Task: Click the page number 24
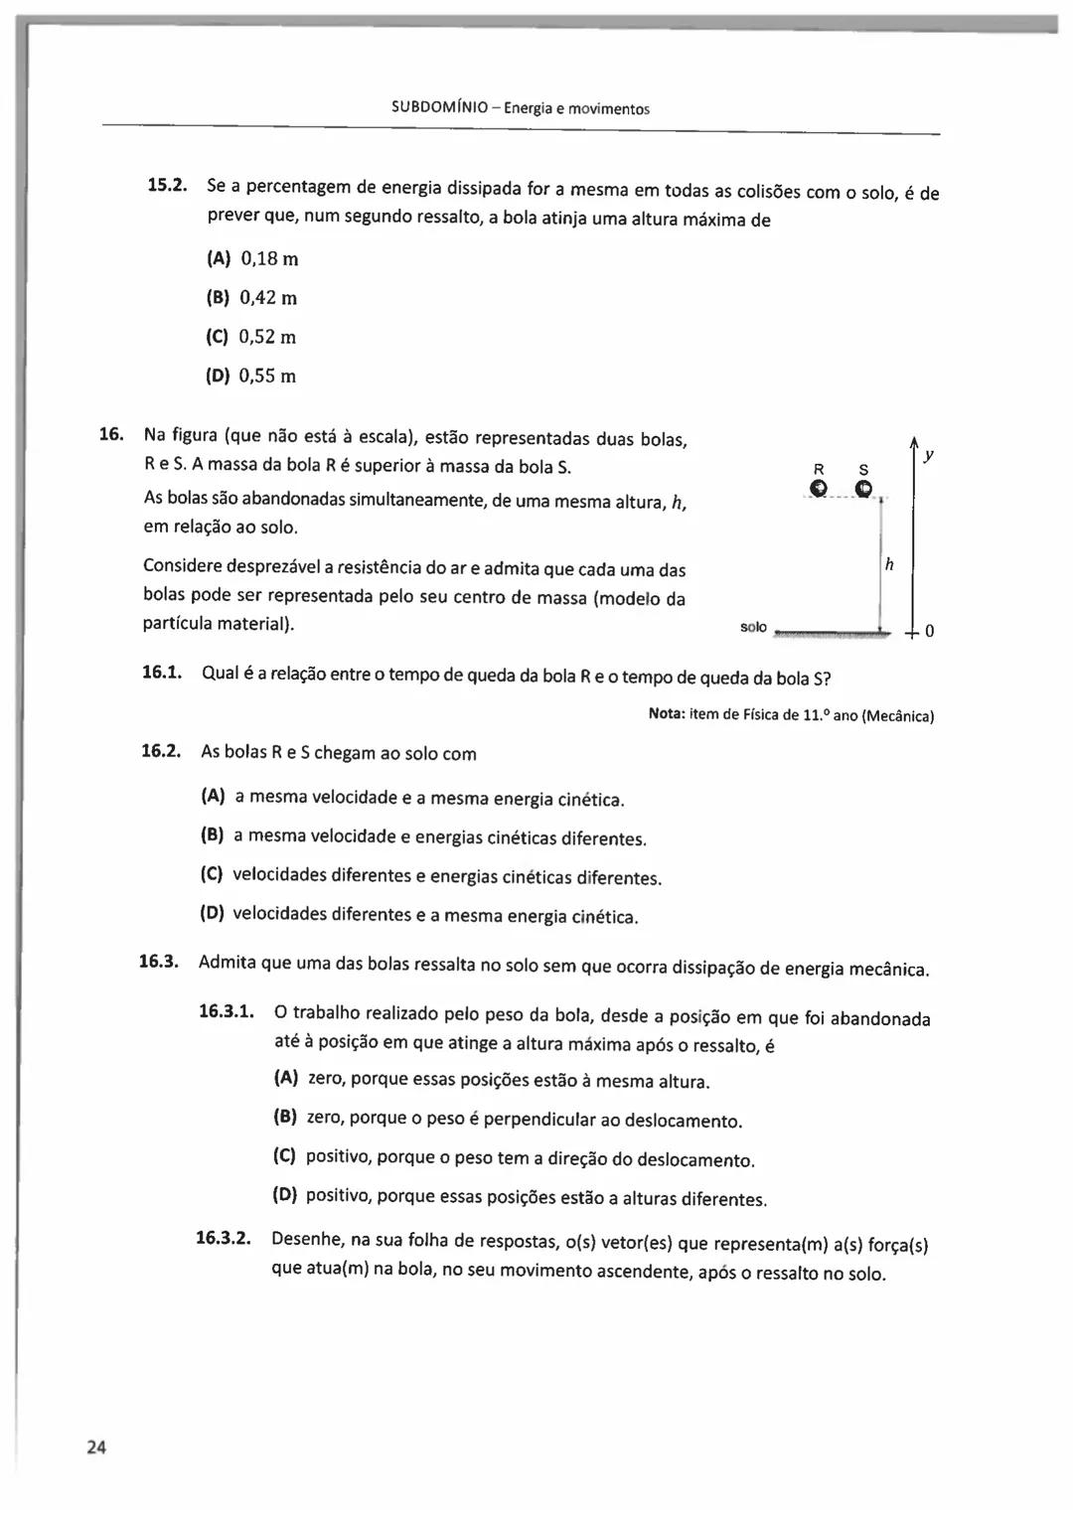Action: [x=95, y=1446]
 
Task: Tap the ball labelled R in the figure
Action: [x=818, y=488]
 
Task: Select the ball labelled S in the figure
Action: [x=863, y=488]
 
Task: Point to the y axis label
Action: [x=928, y=455]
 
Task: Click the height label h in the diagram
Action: [x=889, y=564]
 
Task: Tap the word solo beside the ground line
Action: [x=753, y=627]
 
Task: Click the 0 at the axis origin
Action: [x=929, y=632]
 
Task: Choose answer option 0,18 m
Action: [x=268, y=259]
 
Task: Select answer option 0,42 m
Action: [x=268, y=298]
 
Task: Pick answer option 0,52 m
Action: [x=267, y=337]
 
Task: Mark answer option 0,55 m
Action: [x=267, y=376]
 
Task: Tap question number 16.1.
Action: [x=162, y=673]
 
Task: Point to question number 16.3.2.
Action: [x=223, y=1238]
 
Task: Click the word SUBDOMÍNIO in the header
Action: [x=439, y=108]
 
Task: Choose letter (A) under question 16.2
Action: [x=214, y=796]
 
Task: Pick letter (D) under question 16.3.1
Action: [x=285, y=1194]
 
